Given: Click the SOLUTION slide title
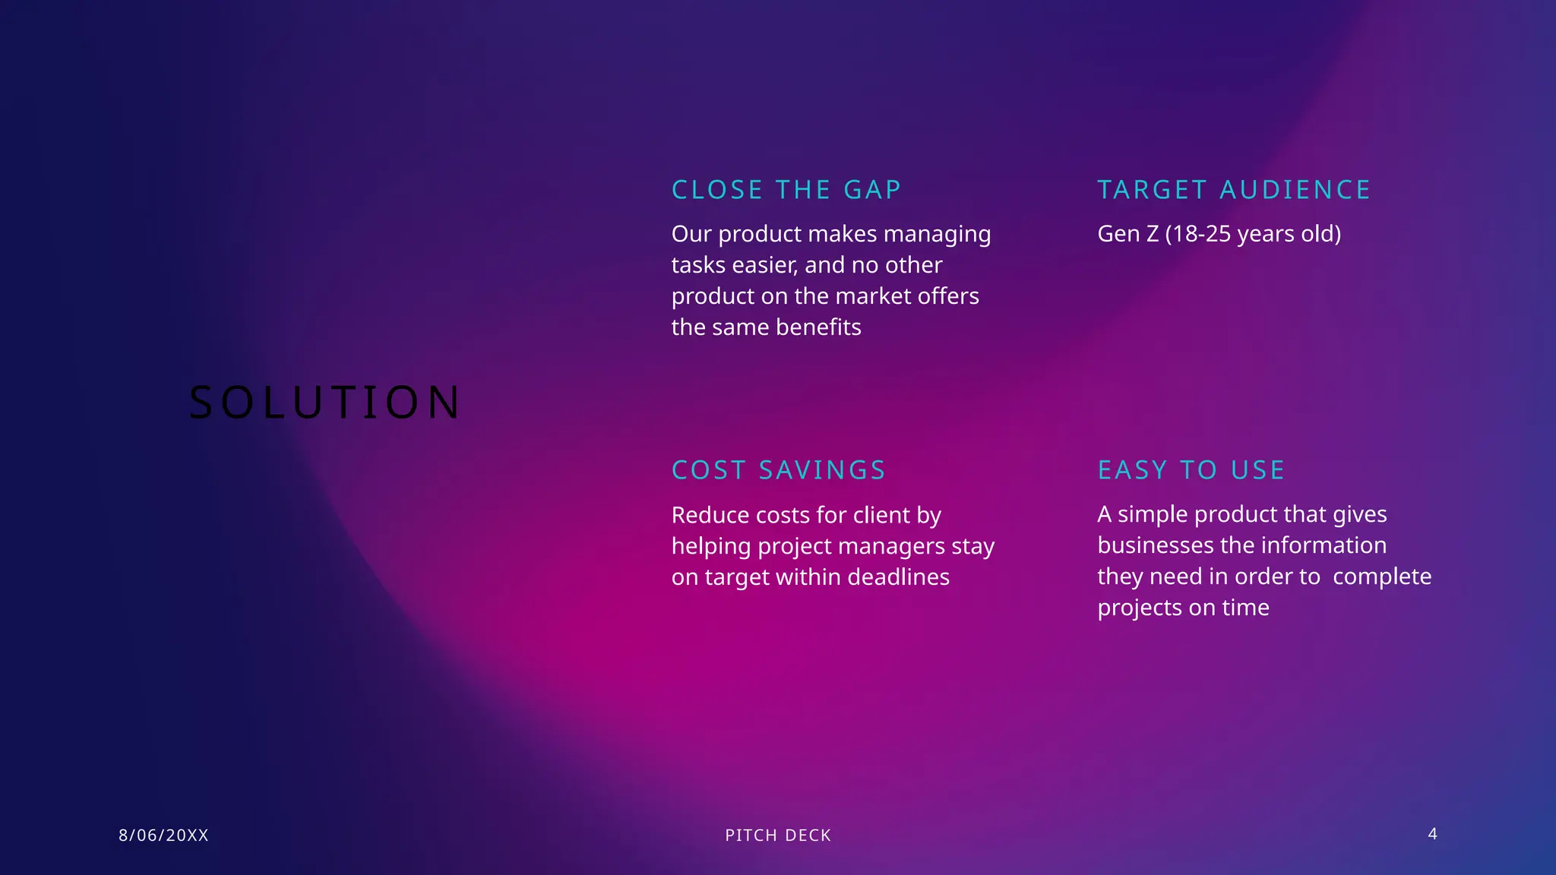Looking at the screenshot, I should (x=324, y=402).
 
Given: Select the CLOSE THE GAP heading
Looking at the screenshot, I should (x=786, y=190).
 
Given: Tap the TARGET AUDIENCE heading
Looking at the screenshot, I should (x=1234, y=190).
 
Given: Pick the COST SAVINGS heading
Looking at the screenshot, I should (x=779, y=470).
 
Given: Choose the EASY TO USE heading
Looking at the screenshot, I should (x=1191, y=470).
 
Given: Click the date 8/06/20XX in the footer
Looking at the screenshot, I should (x=163, y=836).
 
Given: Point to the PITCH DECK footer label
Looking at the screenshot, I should (x=778, y=836).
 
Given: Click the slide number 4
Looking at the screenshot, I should (x=1432, y=834).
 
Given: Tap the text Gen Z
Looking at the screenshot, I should (x=1128, y=233).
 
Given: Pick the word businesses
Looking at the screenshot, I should (x=1155, y=545).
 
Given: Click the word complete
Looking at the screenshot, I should (x=1382, y=576).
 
